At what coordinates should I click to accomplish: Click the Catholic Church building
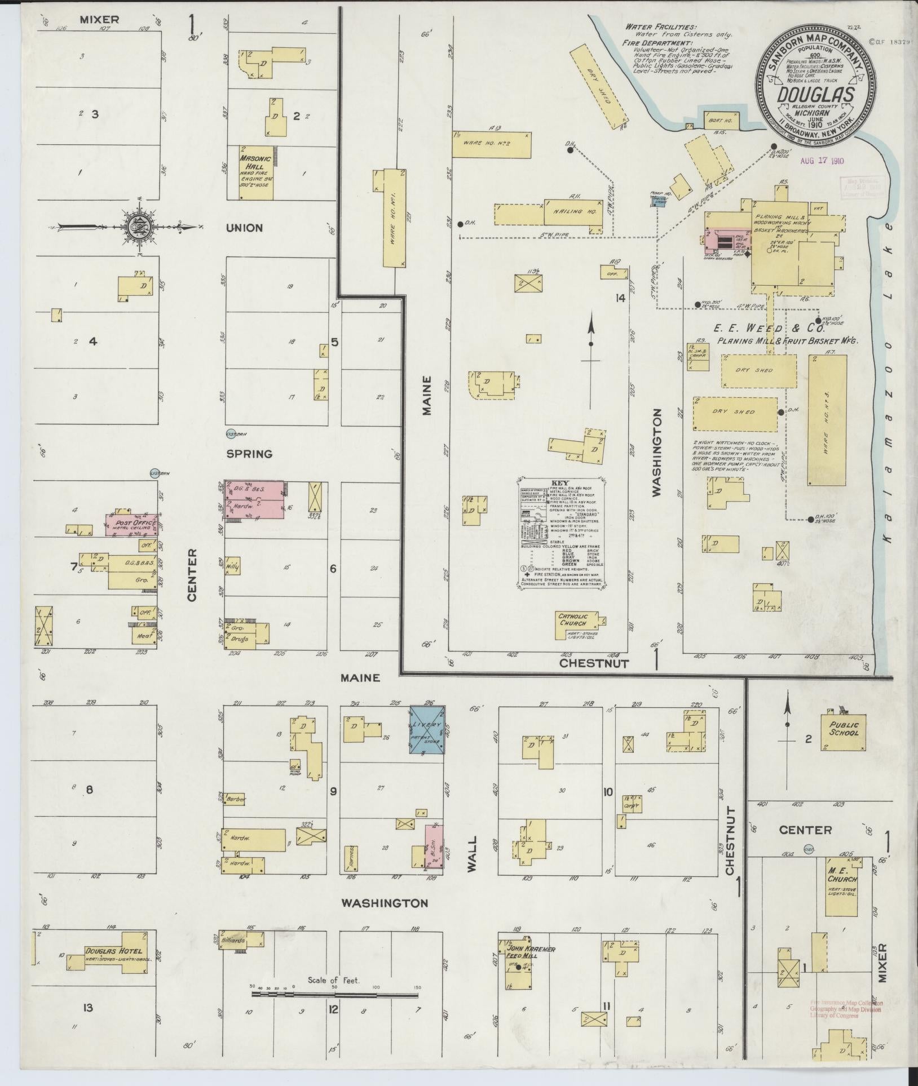pyautogui.click(x=575, y=624)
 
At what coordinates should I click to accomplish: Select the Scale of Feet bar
pyautogui.click(x=337, y=995)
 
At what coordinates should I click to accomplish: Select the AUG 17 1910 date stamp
pyautogui.click(x=822, y=161)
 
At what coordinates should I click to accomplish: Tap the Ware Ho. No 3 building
pyautogui.click(x=827, y=420)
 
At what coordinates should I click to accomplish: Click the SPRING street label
pyautogui.click(x=249, y=454)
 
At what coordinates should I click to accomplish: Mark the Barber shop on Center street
pyautogui.click(x=234, y=799)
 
